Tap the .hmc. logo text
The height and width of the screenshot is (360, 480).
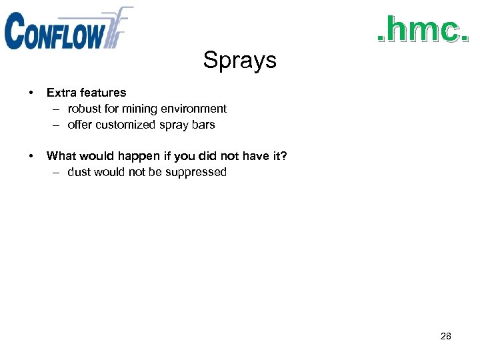point(419,31)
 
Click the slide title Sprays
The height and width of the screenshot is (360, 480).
point(239,60)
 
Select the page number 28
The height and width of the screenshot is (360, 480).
point(446,337)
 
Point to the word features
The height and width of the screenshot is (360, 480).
point(102,93)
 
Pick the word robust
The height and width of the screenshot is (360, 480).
point(85,109)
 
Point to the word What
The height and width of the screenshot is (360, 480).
point(61,156)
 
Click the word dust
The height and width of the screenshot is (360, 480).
point(79,172)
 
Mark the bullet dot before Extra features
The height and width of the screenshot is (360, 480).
point(32,93)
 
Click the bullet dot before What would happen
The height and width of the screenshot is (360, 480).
point(32,156)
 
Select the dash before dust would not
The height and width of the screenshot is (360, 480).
point(57,172)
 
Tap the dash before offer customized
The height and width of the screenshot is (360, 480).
point(57,125)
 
